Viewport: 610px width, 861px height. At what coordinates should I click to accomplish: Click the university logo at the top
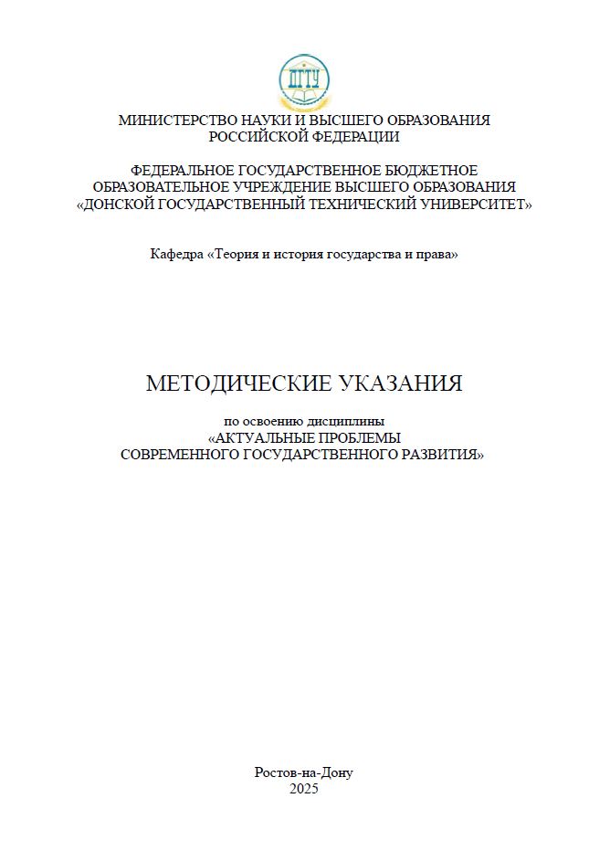click(x=304, y=82)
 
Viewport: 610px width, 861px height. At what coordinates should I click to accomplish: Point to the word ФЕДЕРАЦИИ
click(x=357, y=137)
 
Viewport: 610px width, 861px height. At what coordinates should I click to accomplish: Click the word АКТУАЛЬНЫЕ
click(x=267, y=437)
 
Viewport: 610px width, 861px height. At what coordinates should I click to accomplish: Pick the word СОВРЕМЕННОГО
click(x=179, y=454)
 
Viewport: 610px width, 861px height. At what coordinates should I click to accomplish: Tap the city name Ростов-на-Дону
click(x=304, y=772)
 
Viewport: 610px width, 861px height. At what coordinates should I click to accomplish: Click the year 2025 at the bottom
click(x=304, y=789)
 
